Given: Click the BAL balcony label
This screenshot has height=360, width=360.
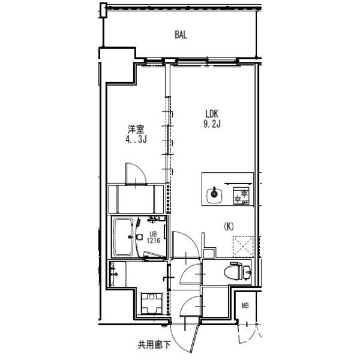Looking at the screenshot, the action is coord(181,35).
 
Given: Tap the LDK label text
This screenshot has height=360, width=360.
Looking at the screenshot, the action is coord(212,114).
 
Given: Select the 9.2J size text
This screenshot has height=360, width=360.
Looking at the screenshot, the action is coord(212,124).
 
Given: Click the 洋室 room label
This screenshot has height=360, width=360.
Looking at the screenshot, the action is coord(136,129).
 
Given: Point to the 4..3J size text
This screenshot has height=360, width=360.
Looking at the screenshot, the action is coord(136,139).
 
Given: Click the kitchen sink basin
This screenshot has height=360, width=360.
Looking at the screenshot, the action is coord(214,196).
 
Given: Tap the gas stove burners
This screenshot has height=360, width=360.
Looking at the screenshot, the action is coord(241,196).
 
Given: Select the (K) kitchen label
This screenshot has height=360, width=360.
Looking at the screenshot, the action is coord(229,227).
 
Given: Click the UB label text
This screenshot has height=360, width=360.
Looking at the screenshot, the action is coord(153,234).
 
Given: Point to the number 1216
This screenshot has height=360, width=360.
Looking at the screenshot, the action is coord(154,241).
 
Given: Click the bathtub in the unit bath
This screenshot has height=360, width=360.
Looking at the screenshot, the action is coord(124,237).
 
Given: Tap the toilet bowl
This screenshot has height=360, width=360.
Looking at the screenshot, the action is coord(233,272).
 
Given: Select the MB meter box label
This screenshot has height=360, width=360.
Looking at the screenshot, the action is coord(245,305).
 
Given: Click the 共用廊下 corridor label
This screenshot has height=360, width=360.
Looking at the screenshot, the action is coord(154,345).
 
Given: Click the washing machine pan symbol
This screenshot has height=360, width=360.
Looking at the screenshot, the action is coord(152,304).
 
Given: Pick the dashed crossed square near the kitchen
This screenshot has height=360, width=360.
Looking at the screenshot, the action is coord(243,247).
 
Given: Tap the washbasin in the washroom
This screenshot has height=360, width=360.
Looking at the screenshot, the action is coord(114,274).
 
